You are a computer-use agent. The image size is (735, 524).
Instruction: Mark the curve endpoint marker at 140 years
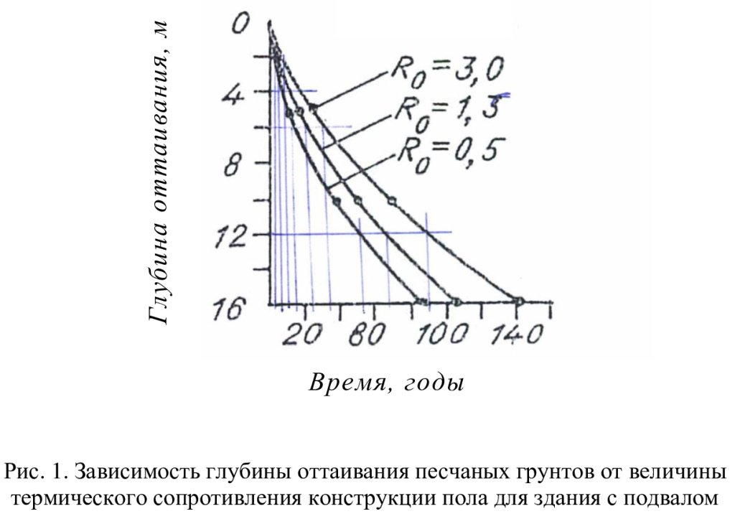pyautogui.click(x=519, y=300)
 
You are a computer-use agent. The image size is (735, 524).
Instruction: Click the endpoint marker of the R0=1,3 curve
pyautogui.click(x=456, y=300)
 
